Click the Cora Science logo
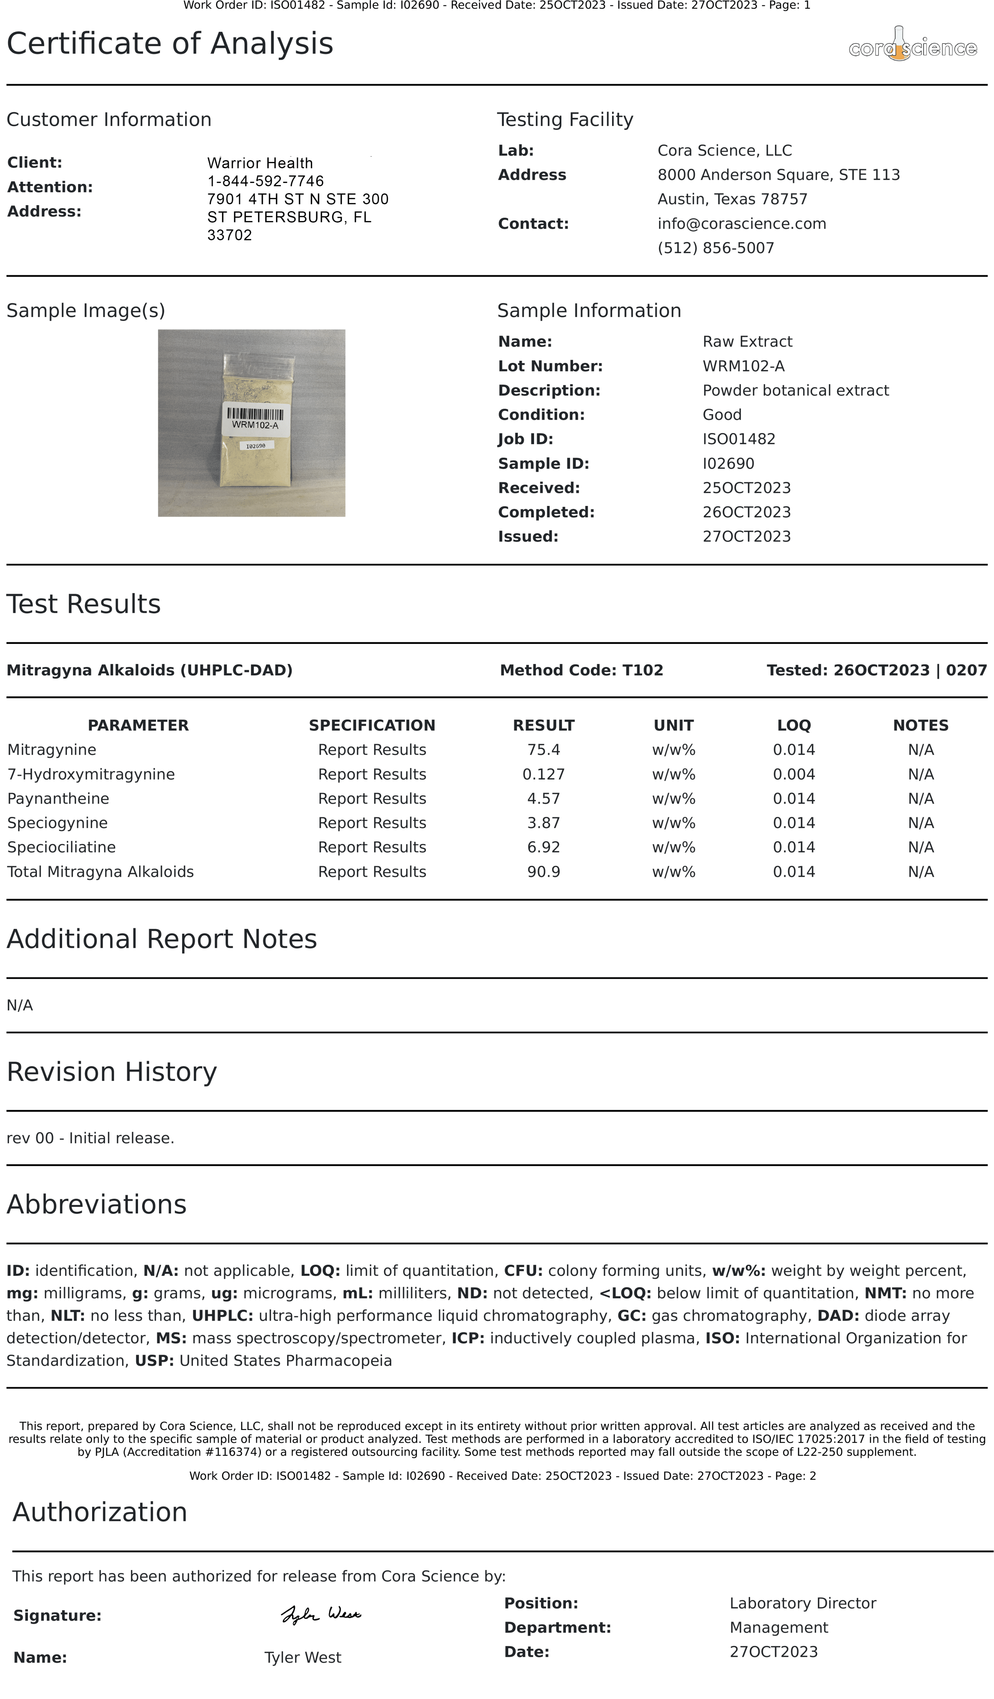coord(912,46)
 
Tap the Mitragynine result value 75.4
coord(543,750)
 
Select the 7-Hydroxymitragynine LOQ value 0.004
coord(794,774)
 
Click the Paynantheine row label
coord(58,798)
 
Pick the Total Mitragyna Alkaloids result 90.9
coord(543,872)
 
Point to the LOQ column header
coord(794,725)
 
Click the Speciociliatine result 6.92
coord(543,847)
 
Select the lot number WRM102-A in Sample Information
coord(743,366)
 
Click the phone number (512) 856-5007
coord(716,248)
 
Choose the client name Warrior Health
coord(259,163)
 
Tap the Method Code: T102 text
coord(581,670)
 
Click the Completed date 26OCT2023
coord(747,513)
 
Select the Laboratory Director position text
coord(803,1603)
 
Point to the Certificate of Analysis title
coord(170,44)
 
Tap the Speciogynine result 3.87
coord(543,823)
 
